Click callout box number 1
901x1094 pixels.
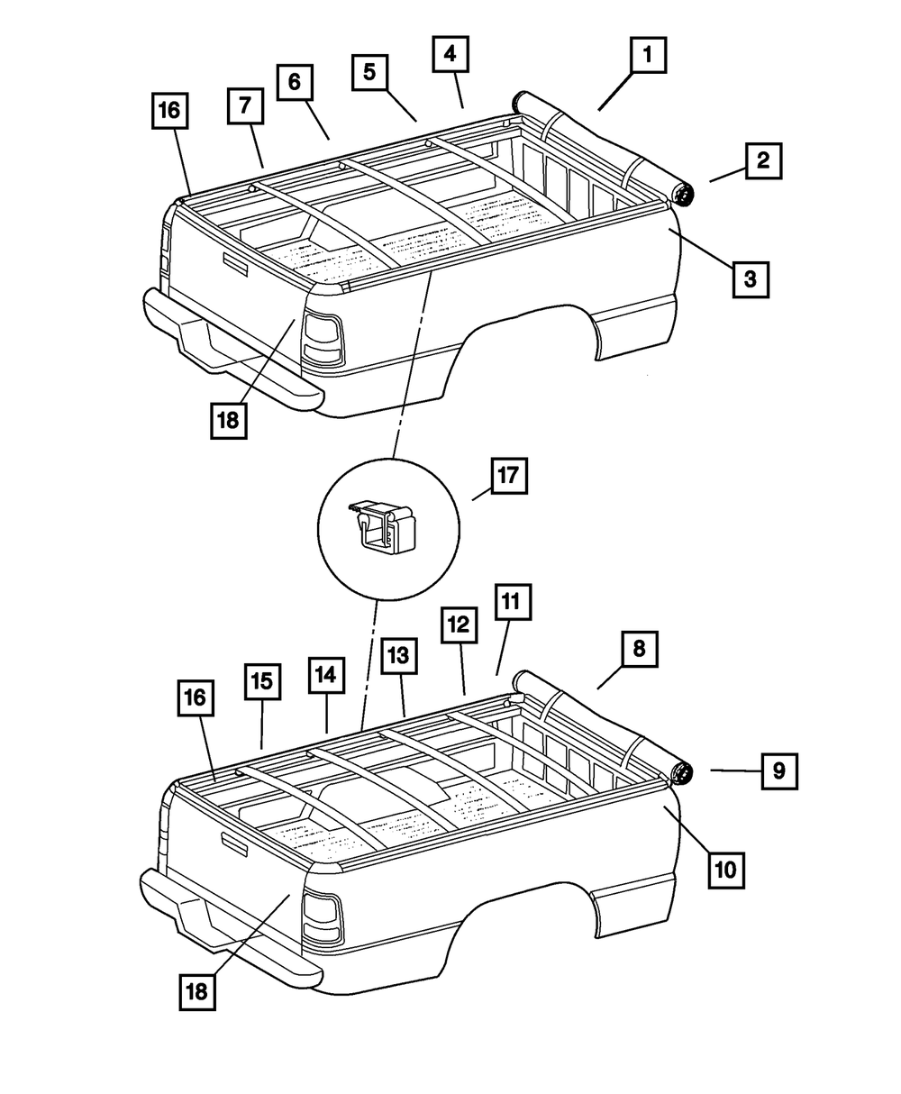click(x=646, y=58)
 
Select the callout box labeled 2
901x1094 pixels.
click(x=762, y=162)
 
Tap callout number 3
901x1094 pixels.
click(x=750, y=278)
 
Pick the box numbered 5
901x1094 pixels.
click(x=369, y=72)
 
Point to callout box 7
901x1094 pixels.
click(x=244, y=107)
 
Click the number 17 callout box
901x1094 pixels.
click(x=508, y=475)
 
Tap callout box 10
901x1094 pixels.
click(x=726, y=871)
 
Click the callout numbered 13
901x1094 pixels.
click(x=398, y=658)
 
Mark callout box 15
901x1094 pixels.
click(x=261, y=682)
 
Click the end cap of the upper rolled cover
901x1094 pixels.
click(x=684, y=193)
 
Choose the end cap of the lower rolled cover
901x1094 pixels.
click(x=683, y=772)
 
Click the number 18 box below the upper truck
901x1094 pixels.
click(x=230, y=421)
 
